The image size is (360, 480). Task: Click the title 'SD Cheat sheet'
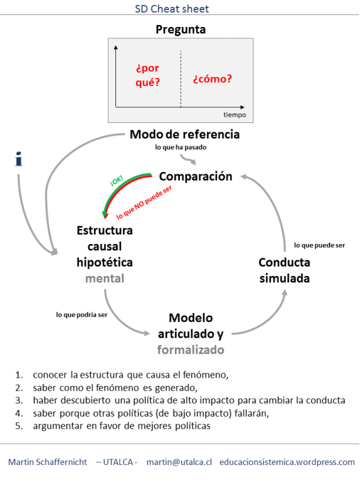181,9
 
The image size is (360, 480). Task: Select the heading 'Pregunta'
181,29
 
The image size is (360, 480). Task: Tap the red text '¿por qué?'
148,75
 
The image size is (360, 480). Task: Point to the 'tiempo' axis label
235,115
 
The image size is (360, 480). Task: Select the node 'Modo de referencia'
184,134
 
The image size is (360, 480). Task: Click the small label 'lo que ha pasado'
181,147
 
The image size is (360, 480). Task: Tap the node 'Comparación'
195,176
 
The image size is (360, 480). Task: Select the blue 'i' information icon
19,159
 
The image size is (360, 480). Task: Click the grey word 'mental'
104,278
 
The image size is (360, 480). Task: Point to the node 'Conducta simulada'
284,270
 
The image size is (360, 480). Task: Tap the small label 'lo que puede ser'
319,245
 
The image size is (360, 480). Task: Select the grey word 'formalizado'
190,349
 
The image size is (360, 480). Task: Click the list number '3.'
19,400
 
